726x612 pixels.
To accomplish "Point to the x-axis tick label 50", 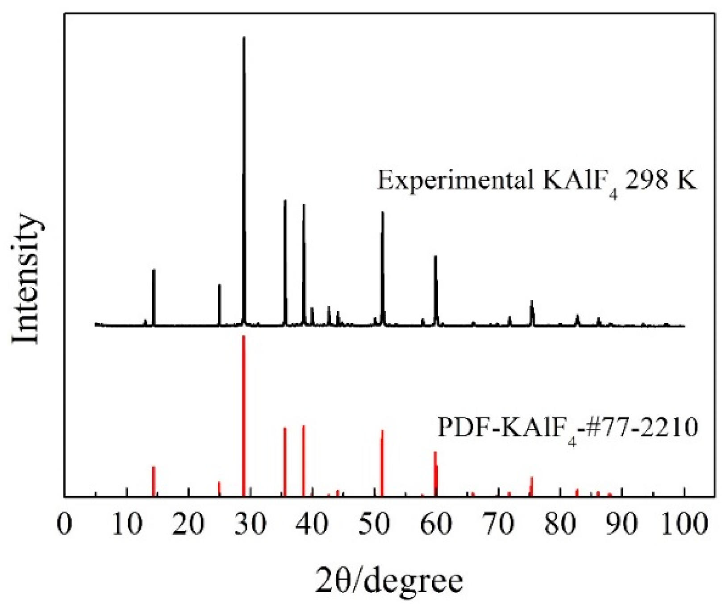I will coord(374,524).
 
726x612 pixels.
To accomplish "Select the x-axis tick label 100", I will coord(683,524).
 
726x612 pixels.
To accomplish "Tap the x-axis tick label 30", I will coord(250,524).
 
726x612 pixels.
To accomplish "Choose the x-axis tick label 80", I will coord(559,524).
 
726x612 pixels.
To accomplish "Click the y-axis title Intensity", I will coord(25,279).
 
